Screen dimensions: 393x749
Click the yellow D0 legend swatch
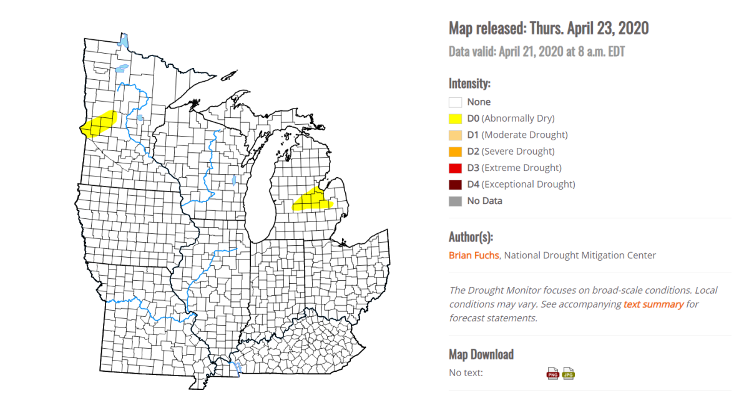[455, 119]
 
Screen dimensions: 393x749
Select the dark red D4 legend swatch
[455, 184]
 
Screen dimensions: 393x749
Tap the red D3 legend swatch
[455, 168]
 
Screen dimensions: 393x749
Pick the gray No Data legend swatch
[455, 201]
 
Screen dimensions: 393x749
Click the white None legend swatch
[455, 102]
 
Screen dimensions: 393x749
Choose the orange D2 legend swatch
[455, 152]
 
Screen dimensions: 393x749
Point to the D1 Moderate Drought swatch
[455, 135]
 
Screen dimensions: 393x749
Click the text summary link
[654, 304]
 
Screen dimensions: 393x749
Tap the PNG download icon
[553, 373]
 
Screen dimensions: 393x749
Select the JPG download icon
[568, 373]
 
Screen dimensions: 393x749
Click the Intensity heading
[469, 83]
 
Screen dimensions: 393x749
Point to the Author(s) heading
[471, 236]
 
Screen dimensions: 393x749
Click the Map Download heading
[481, 354]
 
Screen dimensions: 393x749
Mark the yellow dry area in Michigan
[312, 201]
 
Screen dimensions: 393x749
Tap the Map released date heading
[549, 28]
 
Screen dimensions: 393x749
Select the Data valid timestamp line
[536, 51]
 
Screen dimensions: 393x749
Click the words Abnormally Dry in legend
[518, 119]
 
